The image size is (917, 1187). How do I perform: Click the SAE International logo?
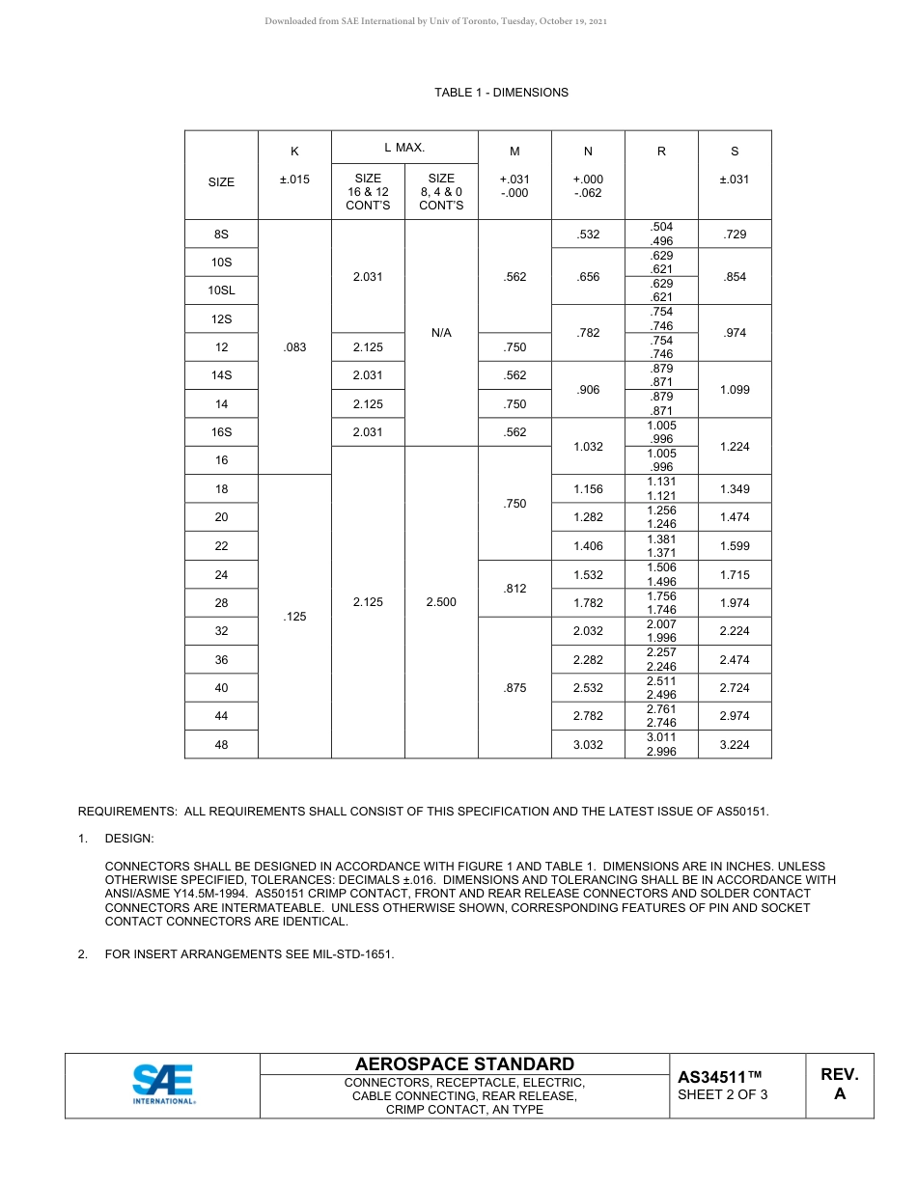click(x=163, y=1085)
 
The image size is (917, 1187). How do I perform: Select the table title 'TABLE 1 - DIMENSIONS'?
click(x=501, y=93)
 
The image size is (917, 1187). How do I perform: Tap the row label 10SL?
click(x=221, y=290)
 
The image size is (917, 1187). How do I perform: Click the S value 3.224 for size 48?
click(x=735, y=745)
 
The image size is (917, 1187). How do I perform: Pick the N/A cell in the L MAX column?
click(x=441, y=333)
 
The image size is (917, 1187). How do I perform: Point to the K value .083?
click(x=294, y=347)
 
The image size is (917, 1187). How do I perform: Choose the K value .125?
click(x=294, y=616)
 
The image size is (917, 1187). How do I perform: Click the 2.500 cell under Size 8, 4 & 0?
click(x=441, y=602)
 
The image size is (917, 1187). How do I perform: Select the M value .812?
click(x=514, y=588)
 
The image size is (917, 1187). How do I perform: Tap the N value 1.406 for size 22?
click(x=588, y=546)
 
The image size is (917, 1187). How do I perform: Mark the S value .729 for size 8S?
click(x=735, y=235)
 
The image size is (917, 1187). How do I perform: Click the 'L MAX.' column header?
click(x=404, y=148)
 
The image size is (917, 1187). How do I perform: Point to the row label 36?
click(x=221, y=660)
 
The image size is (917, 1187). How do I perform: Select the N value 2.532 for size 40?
click(x=588, y=688)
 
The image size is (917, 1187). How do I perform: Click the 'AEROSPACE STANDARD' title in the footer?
click(x=464, y=1064)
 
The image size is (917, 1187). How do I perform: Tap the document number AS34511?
click(x=720, y=1077)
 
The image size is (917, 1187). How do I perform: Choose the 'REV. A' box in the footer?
click(x=839, y=1085)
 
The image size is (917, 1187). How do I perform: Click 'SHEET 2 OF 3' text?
click(x=723, y=1094)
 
